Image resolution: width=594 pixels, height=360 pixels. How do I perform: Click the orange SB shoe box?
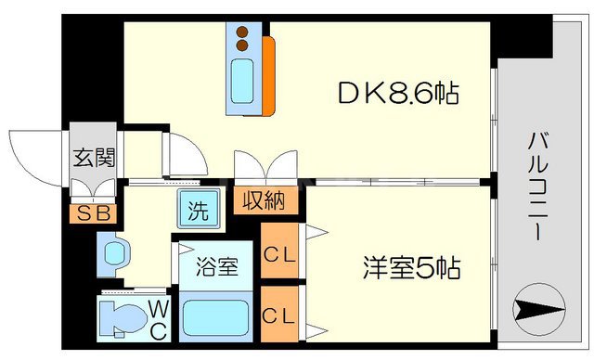[93, 213]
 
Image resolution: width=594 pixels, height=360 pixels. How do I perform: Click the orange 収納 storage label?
[264, 199]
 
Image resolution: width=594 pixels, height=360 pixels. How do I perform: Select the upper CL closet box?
[279, 251]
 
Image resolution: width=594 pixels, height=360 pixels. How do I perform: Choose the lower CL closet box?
[279, 315]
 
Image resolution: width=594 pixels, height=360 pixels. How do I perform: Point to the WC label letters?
[155, 318]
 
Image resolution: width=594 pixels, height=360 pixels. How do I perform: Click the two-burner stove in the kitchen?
[242, 38]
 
